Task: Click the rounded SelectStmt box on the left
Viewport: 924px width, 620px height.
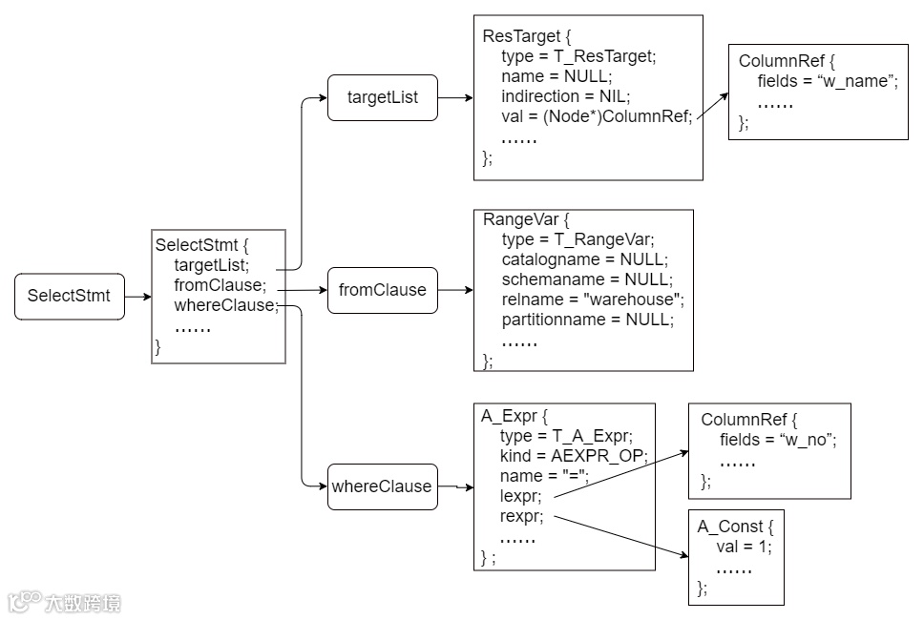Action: click(x=70, y=296)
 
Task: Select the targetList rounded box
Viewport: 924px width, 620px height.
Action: click(x=383, y=97)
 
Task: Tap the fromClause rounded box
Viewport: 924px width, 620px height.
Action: click(x=383, y=290)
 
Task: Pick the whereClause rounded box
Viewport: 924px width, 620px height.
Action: click(x=383, y=486)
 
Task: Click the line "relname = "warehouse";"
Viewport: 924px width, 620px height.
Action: click(x=593, y=300)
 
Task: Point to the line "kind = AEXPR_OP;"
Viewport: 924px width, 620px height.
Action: click(x=574, y=456)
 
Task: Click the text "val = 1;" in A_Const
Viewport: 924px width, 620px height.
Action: click(x=744, y=547)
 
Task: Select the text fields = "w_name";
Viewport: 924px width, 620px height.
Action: click(x=828, y=81)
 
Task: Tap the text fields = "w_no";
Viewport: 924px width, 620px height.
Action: click(x=778, y=440)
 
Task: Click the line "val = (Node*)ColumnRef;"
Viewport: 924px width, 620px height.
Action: click(x=597, y=116)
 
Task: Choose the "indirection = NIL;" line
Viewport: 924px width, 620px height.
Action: click(x=566, y=96)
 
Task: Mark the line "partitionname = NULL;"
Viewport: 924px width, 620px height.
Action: click(x=587, y=320)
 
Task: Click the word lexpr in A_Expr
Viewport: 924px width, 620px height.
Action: click(x=519, y=496)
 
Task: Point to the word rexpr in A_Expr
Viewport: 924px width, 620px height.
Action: click(x=521, y=516)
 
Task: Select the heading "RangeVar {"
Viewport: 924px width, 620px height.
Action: click(x=526, y=220)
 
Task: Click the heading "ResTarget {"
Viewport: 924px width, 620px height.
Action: click(x=526, y=36)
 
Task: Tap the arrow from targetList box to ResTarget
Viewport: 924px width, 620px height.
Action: click(x=455, y=97)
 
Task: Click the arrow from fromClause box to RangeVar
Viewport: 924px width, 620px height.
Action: click(x=455, y=290)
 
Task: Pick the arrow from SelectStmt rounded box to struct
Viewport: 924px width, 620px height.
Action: click(x=137, y=297)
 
